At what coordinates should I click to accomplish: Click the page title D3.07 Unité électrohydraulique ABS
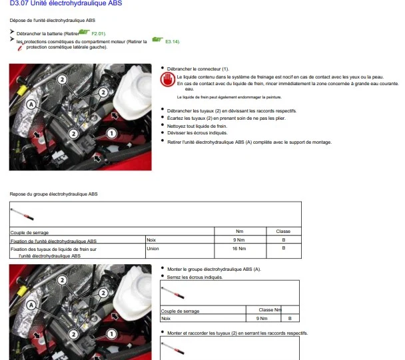point(66,3)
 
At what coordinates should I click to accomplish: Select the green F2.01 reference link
point(99,34)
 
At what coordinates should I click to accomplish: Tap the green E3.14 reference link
point(173,41)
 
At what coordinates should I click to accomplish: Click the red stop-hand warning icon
point(167,79)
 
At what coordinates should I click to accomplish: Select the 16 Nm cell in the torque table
point(239,248)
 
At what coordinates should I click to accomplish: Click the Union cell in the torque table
point(153,248)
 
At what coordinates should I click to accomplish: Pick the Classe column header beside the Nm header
point(283,231)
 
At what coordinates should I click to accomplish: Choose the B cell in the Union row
point(284,248)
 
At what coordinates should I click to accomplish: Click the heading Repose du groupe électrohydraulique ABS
point(53,194)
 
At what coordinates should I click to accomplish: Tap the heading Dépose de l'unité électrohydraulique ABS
point(53,21)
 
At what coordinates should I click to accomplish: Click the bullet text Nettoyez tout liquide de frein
point(197,126)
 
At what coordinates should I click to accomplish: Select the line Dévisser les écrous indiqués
point(197,133)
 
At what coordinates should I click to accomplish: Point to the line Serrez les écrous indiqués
point(195,277)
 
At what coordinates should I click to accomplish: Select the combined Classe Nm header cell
point(270,309)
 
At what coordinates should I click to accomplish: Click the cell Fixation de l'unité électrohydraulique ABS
point(53,241)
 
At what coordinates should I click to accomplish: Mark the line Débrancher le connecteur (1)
point(198,69)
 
